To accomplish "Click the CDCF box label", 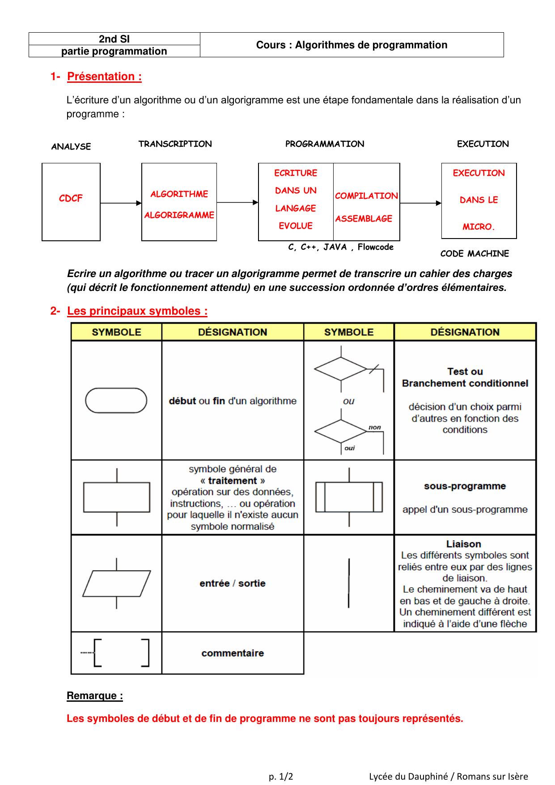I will [71, 198].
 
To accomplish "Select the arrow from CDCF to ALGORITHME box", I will [121, 203].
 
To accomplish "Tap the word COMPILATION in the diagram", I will [366, 196].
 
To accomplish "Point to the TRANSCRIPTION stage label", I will [175, 144].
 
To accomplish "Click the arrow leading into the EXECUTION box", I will [420, 203].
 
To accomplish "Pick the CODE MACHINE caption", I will [475, 253].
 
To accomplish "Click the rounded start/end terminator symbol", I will [116, 400].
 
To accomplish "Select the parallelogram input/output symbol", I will [116, 583].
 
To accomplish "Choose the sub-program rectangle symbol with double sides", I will [349, 497].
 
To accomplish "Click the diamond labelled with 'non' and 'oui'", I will [341, 432].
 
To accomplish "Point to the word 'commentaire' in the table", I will [233, 653].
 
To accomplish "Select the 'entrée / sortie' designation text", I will [233, 583].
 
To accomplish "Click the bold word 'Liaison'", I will [464, 544].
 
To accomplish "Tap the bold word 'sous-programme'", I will [465, 486].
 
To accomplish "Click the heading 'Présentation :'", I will [104, 77].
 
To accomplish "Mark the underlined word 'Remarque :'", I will [95, 695].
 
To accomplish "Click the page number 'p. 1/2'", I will [281, 776].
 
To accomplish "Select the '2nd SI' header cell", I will [114, 39].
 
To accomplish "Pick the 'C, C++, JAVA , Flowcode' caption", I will [341, 247].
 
